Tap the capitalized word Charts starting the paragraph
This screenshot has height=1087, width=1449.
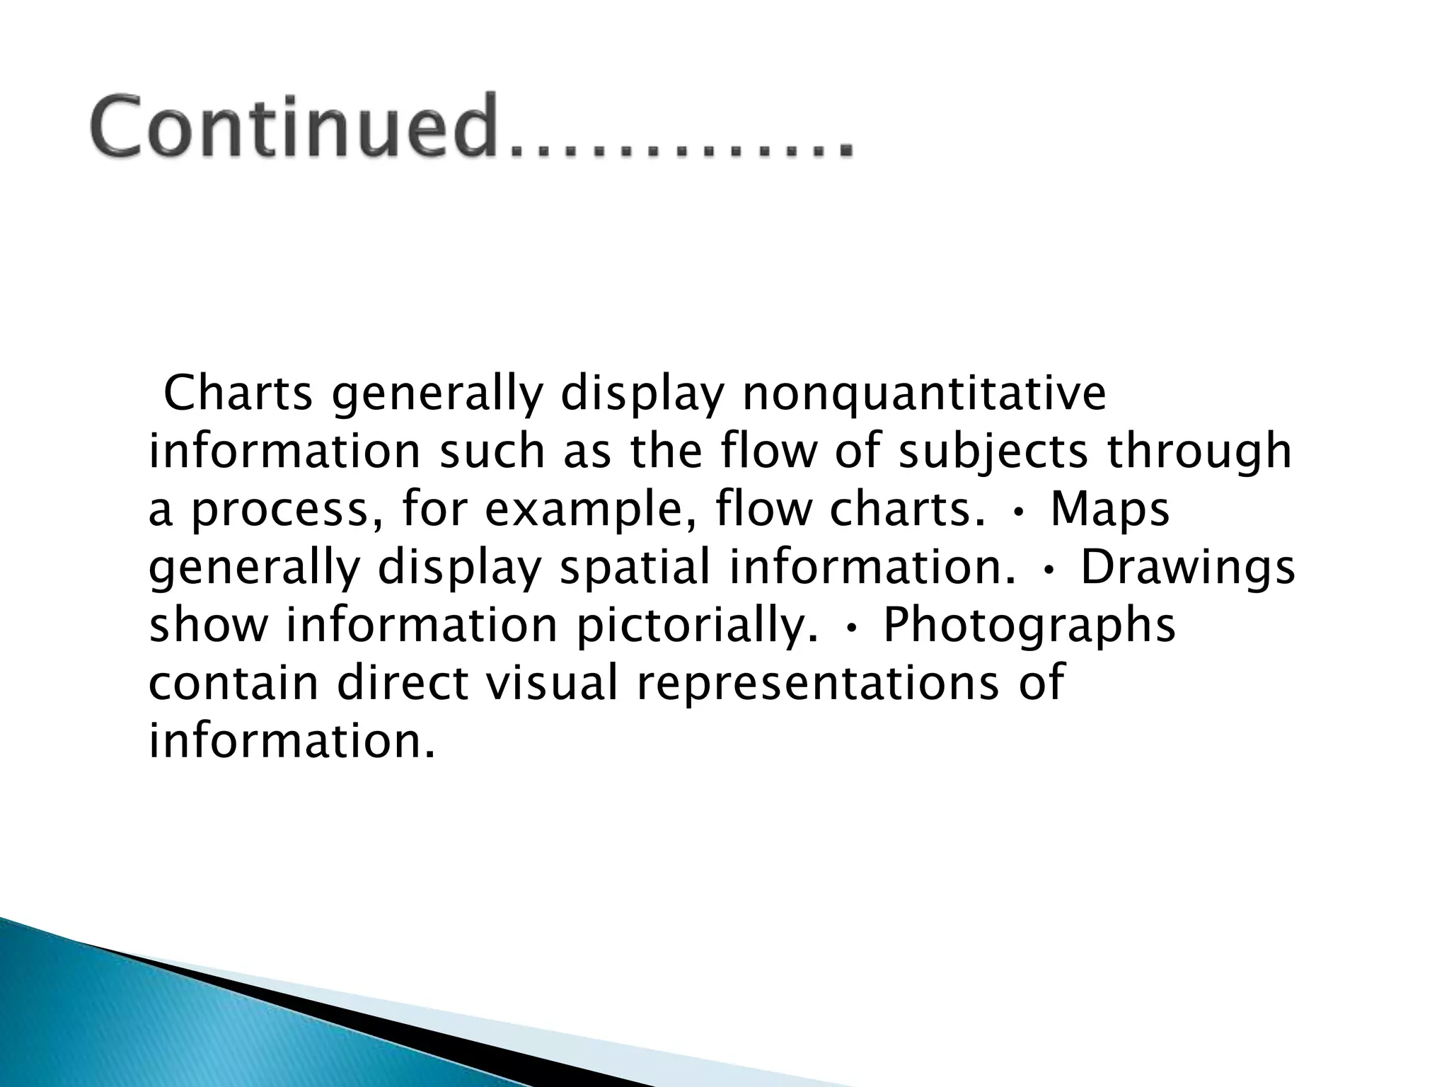click(x=238, y=394)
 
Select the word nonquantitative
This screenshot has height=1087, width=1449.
click(x=923, y=394)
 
